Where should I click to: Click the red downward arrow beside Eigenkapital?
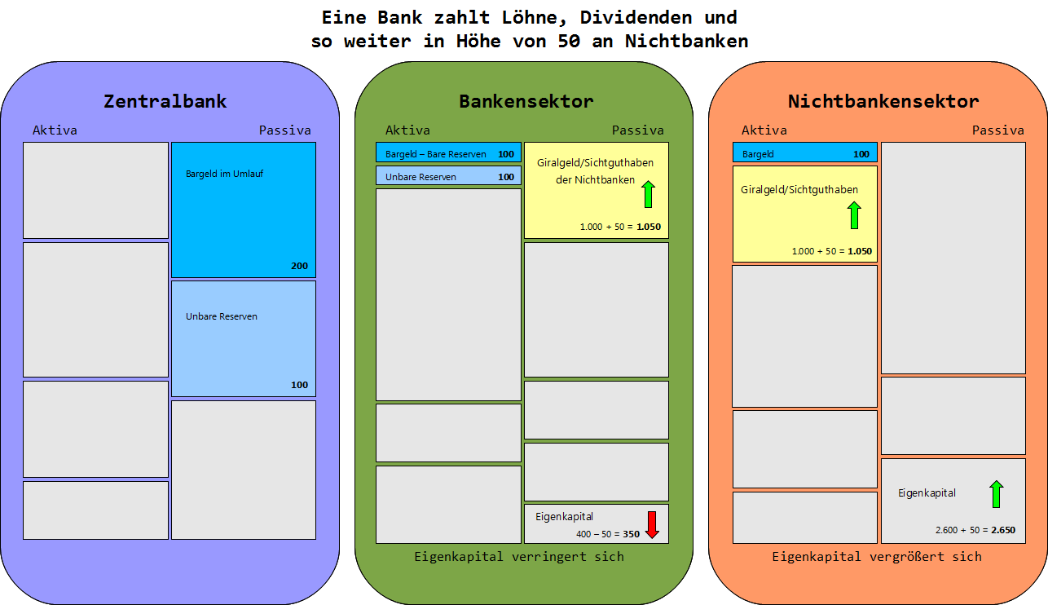(x=651, y=524)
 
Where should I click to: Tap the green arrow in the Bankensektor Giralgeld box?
(x=649, y=194)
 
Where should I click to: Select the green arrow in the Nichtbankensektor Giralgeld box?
(x=854, y=215)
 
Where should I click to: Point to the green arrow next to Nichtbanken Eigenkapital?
(x=996, y=494)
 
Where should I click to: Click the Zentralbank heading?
(x=165, y=101)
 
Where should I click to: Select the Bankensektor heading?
(x=526, y=101)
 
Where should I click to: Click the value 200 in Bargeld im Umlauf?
(x=299, y=266)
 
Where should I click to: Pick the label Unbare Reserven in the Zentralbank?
(x=222, y=316)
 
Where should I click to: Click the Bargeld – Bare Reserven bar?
(x=448, y=153)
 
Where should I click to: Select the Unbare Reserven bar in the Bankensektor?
(x=448, y=176)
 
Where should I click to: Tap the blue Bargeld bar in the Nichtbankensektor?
(x=804, y=153)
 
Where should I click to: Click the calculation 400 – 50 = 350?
(x=607, y=534)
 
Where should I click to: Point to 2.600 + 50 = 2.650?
(x=975, y=529)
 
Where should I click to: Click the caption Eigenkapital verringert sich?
(x=518, y=556)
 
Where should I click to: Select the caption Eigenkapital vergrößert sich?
(x=876, y=556)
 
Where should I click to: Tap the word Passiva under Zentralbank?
(x=284, y=130)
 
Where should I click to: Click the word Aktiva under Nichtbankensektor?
(x=764, y=130)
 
